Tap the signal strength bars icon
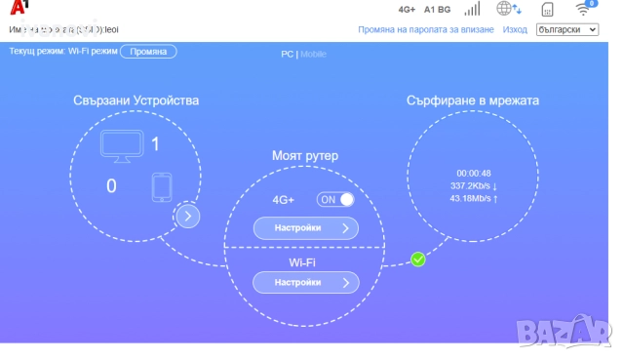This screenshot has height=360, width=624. pyautogui.click(x=472, y=10)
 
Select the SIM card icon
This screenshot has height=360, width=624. pyautogui.click(x=547, y=11)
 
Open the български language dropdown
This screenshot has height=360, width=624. pyautogui.click(x=567, y=30)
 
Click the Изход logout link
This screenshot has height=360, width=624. pyautogui.click(x=515, y=30)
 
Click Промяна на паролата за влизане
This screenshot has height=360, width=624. pyautogui.click(x=426, y=30)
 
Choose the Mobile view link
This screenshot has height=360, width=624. pyautogui.click(x=314, y=54)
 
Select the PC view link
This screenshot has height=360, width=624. pyautogui.click(x=287, y=54)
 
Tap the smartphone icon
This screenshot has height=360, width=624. pyautogui.click(x=162, y=186)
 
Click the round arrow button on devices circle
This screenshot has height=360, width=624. pyautogui.click(x=187, y=216)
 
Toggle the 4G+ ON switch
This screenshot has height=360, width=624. pyautogui.click(x=335, y=199)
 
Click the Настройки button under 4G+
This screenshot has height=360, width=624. pyautogui.click(x=305, y=228)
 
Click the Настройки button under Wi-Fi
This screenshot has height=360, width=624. pyautogui.click(x=305, y=282)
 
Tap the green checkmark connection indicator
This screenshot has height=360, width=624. pyautogui.click(x=417, y=260)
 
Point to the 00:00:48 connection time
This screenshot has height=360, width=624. pyautogui.click(x=474, y=174)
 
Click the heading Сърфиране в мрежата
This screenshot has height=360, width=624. pyautogui.click(x=473, y=100)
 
